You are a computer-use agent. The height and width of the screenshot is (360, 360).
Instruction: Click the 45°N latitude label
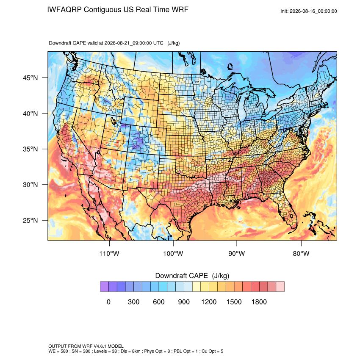coord(30,78)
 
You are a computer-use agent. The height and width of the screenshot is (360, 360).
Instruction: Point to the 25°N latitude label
coord(30,220)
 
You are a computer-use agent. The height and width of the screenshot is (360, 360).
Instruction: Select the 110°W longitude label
coord(109,253)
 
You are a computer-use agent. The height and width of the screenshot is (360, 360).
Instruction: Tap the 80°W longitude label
coord(301,253)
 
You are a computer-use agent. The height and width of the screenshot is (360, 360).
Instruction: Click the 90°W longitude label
coord(236,253)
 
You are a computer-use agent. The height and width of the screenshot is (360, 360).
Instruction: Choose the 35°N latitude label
coord(30,149)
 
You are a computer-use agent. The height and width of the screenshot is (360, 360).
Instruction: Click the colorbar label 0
coord(108,302)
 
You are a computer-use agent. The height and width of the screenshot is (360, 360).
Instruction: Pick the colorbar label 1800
coord(259,302)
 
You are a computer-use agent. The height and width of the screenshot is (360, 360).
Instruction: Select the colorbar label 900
coord(184,302)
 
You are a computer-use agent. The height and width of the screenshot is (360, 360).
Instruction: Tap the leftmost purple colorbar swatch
coord(104,287)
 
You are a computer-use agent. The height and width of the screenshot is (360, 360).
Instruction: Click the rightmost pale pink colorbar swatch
coord(280,287)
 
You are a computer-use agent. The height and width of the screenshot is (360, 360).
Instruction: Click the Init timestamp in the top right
coord(309,11)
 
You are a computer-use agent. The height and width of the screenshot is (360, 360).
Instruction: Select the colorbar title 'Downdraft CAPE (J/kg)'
coord(192,276)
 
